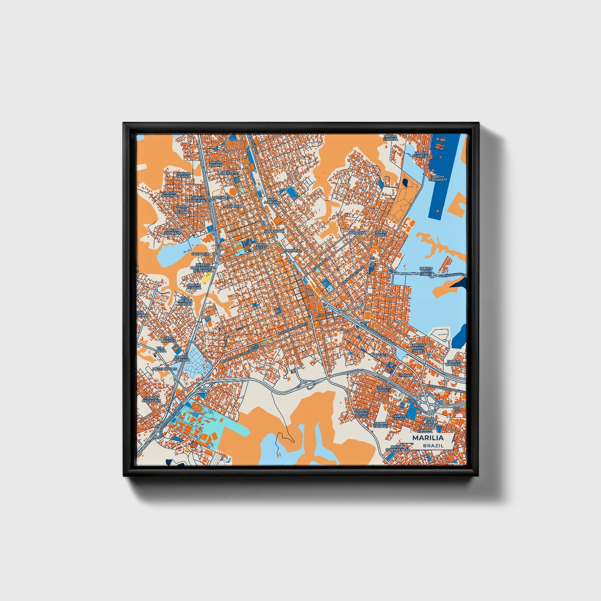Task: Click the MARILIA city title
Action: (x=428, y=438)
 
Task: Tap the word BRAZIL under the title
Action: (x=433, y=445)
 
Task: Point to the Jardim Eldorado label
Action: (x=172, y=232)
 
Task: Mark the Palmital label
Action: (x=293, y=251)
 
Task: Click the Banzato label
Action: (x=358, y=233)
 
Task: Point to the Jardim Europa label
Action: (x=391, y=137)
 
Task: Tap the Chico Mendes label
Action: (x=168, y=340)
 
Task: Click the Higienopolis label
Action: (x=165, y=369)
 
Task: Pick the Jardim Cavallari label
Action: (x=151, y=399)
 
